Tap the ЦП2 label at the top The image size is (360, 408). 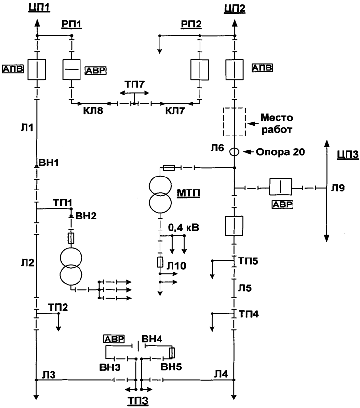(x=234, y=8)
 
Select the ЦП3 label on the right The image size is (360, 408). (x=347, y=155)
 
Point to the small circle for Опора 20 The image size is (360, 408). (x=234, y=152)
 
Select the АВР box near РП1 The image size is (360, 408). (x=96, y=70)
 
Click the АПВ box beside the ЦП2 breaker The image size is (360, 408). (x=262, y=68)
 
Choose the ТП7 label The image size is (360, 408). (x=134, y=85)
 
